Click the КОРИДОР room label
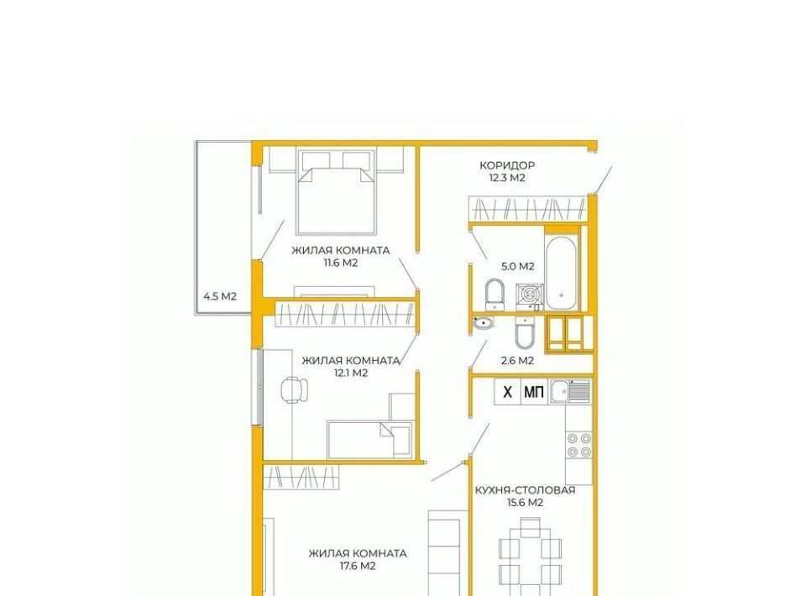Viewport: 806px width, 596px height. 507,165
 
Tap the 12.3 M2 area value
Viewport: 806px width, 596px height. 507,178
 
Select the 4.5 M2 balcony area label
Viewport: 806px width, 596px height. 220,296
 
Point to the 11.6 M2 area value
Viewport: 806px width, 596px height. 340,263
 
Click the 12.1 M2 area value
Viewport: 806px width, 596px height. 351,373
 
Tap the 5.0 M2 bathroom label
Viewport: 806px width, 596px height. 518,266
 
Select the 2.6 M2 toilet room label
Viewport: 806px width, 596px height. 517,361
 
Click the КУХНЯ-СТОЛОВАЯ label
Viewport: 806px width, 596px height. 525,490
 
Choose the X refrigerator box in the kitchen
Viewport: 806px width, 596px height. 507,393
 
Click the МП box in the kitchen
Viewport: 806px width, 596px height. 534,393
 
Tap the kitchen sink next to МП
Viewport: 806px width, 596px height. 569,392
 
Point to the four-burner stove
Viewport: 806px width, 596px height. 579,445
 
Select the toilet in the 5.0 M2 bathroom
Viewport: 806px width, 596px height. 495,295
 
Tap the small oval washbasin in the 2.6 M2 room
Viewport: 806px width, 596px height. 483,323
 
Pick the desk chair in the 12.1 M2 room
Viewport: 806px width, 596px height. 295,389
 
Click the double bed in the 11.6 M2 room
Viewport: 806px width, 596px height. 337,191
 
